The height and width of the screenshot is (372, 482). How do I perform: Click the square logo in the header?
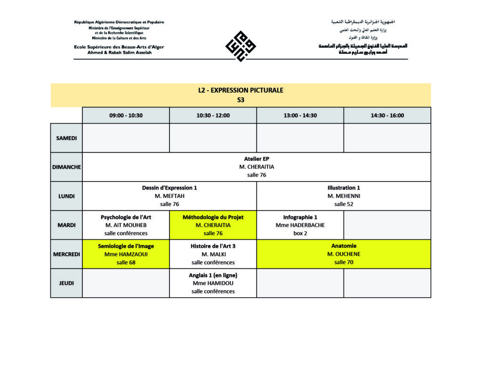241,46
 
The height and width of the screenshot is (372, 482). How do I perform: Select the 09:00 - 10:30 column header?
126,115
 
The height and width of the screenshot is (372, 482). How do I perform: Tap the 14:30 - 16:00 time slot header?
387,115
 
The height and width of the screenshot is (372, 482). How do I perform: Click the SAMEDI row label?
66,138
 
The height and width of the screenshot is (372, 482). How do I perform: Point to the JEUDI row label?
66,283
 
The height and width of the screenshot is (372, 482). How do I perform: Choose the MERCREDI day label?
66,254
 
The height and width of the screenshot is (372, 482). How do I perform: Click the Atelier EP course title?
257,159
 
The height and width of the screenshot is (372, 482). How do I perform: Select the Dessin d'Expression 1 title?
169,188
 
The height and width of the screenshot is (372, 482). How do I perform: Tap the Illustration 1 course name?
344,188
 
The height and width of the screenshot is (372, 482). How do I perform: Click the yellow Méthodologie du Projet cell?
213,225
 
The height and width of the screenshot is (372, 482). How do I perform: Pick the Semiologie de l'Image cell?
126,254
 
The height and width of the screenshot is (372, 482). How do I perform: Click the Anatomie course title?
344,246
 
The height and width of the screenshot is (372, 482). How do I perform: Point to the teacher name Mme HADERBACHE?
300,225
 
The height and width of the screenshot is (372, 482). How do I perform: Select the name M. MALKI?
213,254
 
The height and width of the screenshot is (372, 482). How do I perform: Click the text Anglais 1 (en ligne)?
213,275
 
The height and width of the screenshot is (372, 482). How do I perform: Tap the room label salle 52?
344,204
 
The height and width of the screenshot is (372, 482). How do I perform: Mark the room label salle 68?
126,262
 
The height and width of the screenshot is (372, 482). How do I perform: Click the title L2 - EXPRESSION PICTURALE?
241,90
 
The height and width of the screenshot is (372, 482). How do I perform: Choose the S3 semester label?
241,100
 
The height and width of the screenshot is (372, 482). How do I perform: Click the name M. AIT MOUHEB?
126,225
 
